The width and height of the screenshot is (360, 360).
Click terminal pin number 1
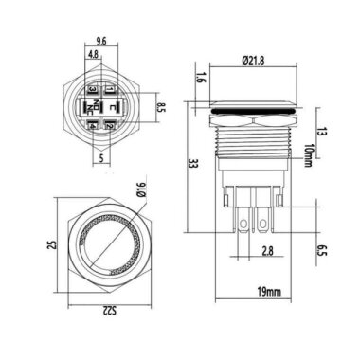(x=111, y=91)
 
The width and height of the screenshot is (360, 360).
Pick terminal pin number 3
(x=92, y=91)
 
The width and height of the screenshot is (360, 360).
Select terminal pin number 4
(x=92, y=125)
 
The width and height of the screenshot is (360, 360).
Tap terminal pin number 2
(x=111, y=125)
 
